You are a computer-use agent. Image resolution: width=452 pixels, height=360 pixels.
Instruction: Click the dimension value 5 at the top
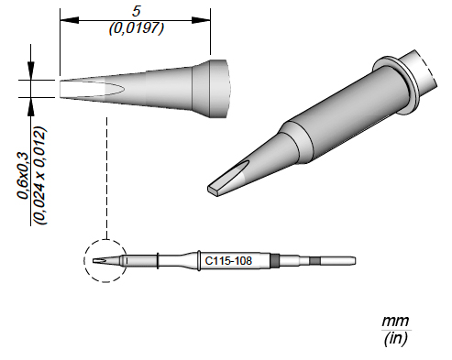[136, 11]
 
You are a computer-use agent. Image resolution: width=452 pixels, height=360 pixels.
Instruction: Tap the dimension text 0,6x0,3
[23, 175]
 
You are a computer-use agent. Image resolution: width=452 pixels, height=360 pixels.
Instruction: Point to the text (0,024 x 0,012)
[40, 176]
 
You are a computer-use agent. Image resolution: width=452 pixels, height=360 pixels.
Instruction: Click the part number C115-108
[228, 261]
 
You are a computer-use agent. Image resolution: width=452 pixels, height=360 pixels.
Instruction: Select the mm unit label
[395, 322]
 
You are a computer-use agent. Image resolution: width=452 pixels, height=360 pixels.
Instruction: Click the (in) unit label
[395, 338]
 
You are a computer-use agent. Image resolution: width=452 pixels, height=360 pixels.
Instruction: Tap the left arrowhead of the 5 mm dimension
[69, 20]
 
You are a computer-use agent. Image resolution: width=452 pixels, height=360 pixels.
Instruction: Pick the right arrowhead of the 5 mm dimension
[201, 20]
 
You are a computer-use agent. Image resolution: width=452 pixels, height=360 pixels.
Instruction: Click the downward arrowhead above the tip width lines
[30, 71]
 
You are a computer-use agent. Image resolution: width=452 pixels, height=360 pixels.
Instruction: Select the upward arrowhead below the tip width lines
[30, 107]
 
